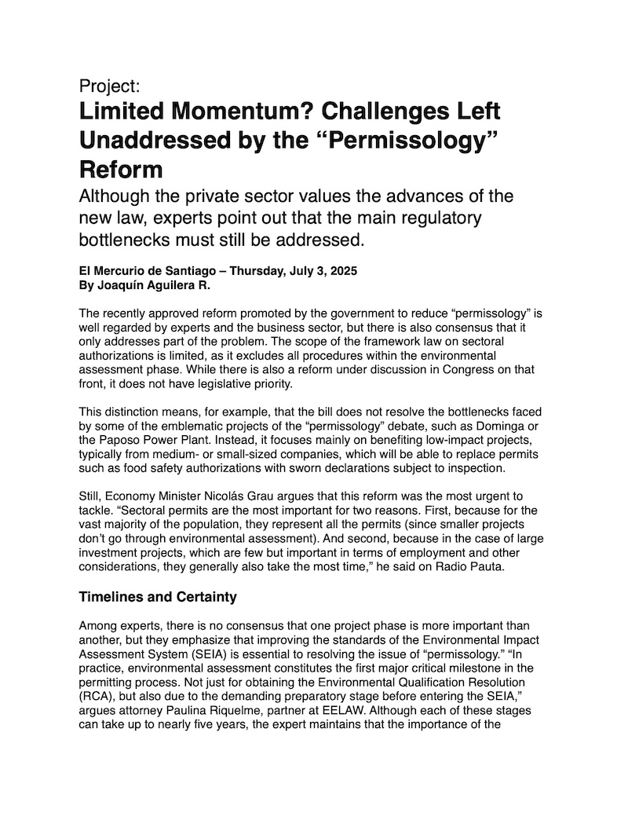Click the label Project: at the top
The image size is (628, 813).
click(x=110, y=86)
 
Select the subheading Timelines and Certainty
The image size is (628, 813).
click(x=158, y=597)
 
